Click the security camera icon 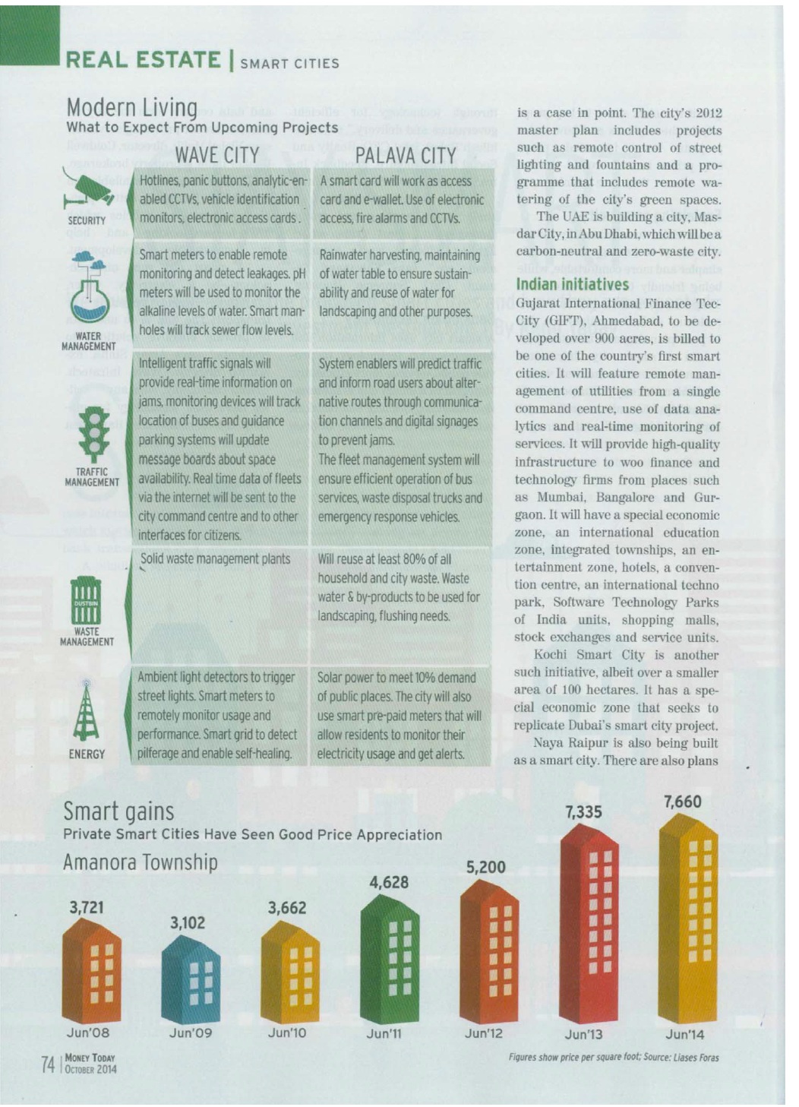tap(88, 190)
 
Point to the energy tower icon tap(86, 710)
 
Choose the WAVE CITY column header tap(216, 155)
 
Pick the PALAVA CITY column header tap(406, 156)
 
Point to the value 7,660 tap(682, 802)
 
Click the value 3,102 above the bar tap(188, 922)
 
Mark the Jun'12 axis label tap(484, 1033)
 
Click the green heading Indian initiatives tap(572, 284)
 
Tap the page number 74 tap(48, 1064)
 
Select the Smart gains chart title tap(118, 811)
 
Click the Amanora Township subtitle tap(140, 862)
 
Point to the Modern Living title tap(131, 107)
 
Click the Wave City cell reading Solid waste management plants tap(215, 559)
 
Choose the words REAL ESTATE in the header tap(143, 59)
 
